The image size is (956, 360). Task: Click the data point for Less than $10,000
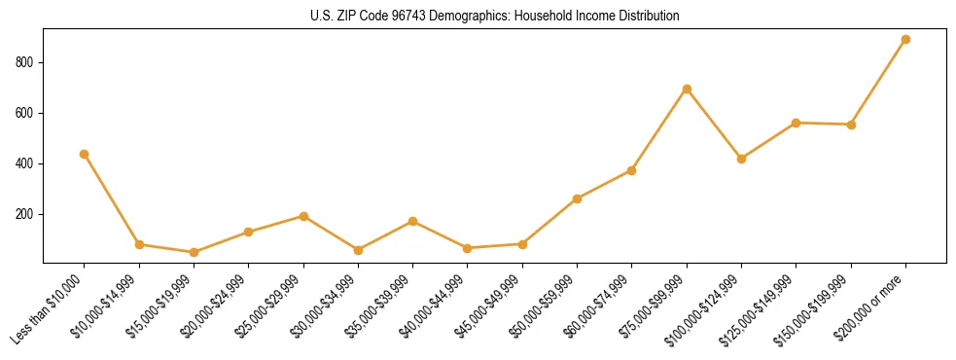[x=85, y=154]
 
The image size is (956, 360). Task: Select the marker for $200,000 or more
[x=905, y=40]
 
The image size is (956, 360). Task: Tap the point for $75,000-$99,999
[x=687, y=89]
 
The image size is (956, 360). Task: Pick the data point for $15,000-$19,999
[x=194, y=252]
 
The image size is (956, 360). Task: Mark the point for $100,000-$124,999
[x=741, y=159]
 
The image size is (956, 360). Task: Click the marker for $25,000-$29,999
[x=303, y=216]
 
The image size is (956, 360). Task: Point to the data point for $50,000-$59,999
[x=578, y=198]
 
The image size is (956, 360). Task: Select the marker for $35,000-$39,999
[x=413, y=221]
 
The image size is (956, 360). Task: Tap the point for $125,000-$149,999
[x=797, y=123]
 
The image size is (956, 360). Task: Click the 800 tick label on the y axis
[x=26, y=62]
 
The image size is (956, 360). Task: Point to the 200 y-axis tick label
[x=26, y=214]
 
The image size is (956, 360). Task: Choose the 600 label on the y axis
[x=26, y=113]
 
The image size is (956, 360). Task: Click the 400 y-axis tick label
[x=26, y=163]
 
